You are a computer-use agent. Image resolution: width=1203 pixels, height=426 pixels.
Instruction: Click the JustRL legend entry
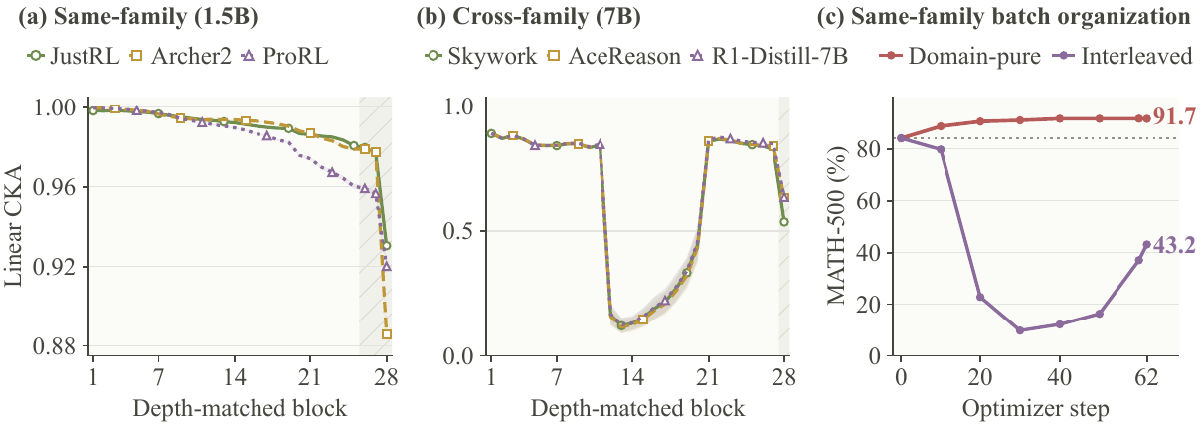coord(73,56)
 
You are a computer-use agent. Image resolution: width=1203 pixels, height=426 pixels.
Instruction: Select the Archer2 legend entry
coord(181,56)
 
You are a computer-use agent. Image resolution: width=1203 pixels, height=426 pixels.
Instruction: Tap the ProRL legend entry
coord(284,56)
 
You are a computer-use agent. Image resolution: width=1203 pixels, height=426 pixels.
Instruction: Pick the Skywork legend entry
coord(480,56)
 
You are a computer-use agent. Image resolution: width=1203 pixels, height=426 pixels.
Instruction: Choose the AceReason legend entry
coord(613,56)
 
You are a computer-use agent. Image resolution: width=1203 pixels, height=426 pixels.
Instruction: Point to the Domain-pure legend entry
coord(960,56)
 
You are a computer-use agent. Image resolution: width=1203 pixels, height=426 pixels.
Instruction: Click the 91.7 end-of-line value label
coord(1173,116)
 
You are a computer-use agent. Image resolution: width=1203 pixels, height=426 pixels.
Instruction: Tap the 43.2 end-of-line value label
coord(1174,245)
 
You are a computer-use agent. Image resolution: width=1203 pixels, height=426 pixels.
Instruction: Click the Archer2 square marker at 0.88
coord(386,334)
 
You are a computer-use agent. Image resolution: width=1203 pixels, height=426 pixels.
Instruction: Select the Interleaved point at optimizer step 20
coord(980,297)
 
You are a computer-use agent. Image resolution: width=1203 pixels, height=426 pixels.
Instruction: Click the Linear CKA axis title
coord(14,226)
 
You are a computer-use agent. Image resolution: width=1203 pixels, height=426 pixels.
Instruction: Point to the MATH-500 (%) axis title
coord(836,225)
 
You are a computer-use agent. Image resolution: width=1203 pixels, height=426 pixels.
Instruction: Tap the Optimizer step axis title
coord(1035,409)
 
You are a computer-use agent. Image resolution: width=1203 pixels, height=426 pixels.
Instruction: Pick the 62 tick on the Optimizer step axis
coord(1146,377)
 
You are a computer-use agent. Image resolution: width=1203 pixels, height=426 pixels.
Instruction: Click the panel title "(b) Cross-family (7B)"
coord(529,17)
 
